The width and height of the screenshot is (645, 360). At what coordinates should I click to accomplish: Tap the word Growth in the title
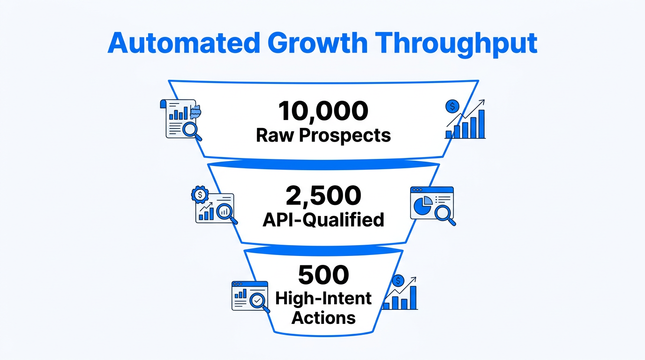point(315,43)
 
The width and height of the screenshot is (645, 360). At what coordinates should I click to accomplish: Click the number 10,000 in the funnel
point(323,112)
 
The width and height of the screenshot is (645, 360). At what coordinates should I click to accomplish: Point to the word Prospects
point(345,135)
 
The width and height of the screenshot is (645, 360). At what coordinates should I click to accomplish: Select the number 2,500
point(323,195)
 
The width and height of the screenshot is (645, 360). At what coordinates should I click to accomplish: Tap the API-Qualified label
point(323,219)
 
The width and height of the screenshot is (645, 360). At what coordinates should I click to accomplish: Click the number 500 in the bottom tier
point(323,275)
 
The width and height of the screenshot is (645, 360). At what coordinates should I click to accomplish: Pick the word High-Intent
point(323,298)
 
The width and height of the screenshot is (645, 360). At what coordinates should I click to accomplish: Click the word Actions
point(323,318)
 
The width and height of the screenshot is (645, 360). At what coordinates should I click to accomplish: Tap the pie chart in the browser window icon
point(422,204)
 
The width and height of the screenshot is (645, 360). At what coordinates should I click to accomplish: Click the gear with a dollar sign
point(200,194)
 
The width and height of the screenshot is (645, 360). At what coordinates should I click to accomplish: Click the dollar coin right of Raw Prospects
point(452,106)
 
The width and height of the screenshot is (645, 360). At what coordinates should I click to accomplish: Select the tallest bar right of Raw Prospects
point(481,124)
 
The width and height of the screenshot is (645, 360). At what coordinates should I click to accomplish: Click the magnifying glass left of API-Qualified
point(226,211)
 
